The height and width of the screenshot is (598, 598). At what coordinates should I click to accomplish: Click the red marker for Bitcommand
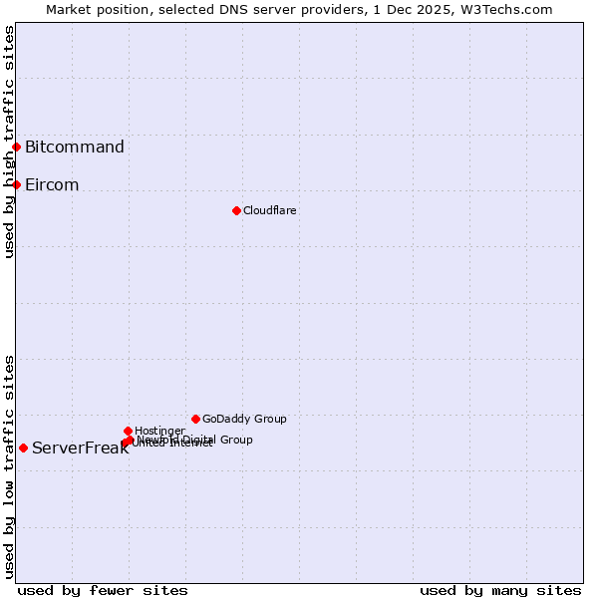click(16, 148)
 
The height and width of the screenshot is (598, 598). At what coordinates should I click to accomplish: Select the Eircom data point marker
click(16, 184)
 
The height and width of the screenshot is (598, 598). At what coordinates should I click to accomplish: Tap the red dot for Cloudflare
click(236, 210)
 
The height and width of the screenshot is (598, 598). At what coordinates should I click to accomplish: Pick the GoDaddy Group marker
click(195, 419)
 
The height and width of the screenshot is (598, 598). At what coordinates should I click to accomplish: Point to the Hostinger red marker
click(128, 431)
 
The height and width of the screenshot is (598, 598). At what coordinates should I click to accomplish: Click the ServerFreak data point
click(23, 448)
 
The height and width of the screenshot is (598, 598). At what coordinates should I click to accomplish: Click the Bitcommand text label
click(75, 148)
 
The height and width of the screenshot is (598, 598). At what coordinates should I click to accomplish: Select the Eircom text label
click(52, 185)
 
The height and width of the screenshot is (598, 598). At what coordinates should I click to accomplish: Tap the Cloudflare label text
click(270, 210)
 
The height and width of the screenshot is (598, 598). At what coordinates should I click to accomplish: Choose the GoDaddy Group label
click(244, 419)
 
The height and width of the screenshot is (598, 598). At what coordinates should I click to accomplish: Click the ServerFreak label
click(80, 448)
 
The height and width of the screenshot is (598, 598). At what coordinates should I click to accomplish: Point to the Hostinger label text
click(159, 431)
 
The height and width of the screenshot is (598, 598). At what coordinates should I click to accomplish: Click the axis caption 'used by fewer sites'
click(103, 590)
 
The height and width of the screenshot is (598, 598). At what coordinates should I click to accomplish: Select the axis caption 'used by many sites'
click(500, 590)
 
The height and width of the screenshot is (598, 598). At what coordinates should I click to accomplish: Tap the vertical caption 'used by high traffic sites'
click(9, 142)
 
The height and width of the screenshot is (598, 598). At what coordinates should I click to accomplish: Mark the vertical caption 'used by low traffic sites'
click(9, 466)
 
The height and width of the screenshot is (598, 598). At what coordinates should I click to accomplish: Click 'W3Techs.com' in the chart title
click(513, 9)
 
